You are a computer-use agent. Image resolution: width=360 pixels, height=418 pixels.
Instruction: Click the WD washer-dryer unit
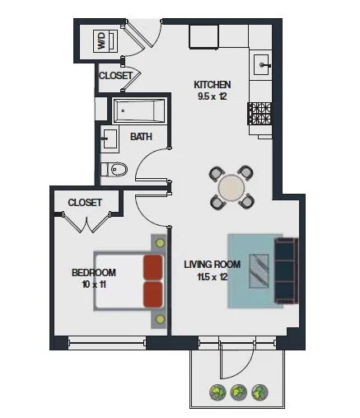(x=101, y=41)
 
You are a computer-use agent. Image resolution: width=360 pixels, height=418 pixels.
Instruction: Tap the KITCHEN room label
(x=212, y=84)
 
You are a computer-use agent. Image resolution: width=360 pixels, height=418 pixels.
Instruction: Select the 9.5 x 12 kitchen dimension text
(x=212, y=96)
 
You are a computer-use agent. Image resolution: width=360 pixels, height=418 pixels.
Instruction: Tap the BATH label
(x=141, y=136)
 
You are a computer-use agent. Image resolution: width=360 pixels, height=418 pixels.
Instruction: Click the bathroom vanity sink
(x=110, y=137)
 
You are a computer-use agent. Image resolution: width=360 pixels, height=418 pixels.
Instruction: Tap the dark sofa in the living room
(x=286, y=270)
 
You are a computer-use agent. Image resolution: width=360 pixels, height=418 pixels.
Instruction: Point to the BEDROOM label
(x=93, y=272)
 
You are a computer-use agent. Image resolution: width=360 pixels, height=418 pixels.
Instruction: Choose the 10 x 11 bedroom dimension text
(x=93, y=284)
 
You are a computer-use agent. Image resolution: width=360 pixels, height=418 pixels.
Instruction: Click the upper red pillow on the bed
(x=152, y=266)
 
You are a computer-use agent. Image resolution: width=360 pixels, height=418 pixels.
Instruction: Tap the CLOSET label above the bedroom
(x=85, y=202)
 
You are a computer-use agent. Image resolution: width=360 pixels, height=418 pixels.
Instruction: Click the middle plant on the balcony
(x=239, y=392)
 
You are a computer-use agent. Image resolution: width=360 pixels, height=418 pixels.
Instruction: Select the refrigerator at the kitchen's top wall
(x=203, y=36)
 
